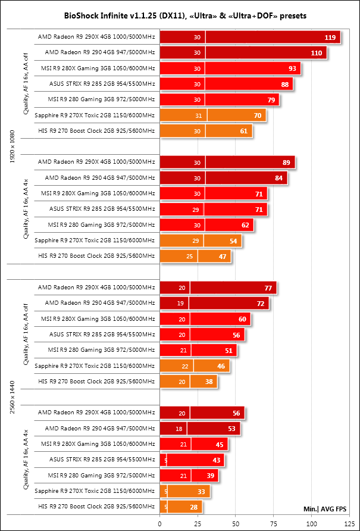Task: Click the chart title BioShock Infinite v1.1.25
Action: coord(180,14)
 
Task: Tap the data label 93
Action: coord(292,68)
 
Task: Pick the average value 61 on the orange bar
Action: coord(245,131)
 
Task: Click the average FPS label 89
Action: coord(287,162)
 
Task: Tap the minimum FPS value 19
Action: coord(180,303)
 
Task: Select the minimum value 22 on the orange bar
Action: coord(184,366)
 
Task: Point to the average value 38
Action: coord(209,381)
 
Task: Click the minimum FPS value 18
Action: coord(179,428)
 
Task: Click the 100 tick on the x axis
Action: coord(311,524)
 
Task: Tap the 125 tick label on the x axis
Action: coord(349,524)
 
